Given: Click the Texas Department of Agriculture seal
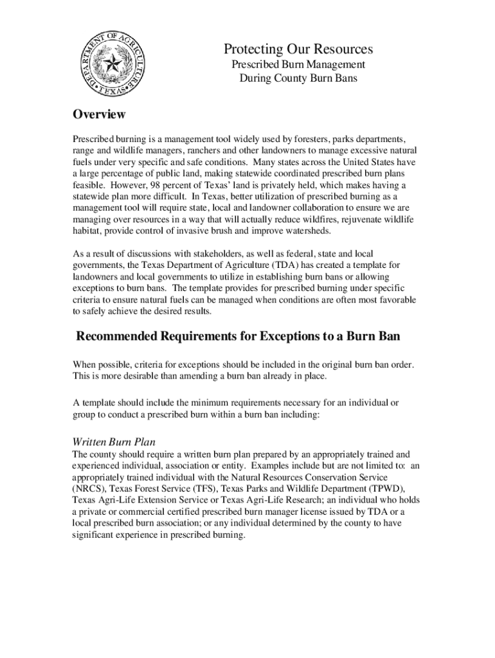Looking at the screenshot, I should pyautogui.click(x=110, y=63).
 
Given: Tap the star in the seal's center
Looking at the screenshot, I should pyautogui.click(x=111, y=63).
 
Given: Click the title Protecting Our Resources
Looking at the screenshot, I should pyautogui.click(x=298, y=49).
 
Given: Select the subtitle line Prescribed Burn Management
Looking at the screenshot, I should pyautogui.click(x=298, y=65).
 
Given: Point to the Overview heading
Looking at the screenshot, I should pyautogui.click(x=98, y=115).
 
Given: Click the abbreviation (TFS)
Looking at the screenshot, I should pyautogui.click(x=201, y=488).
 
